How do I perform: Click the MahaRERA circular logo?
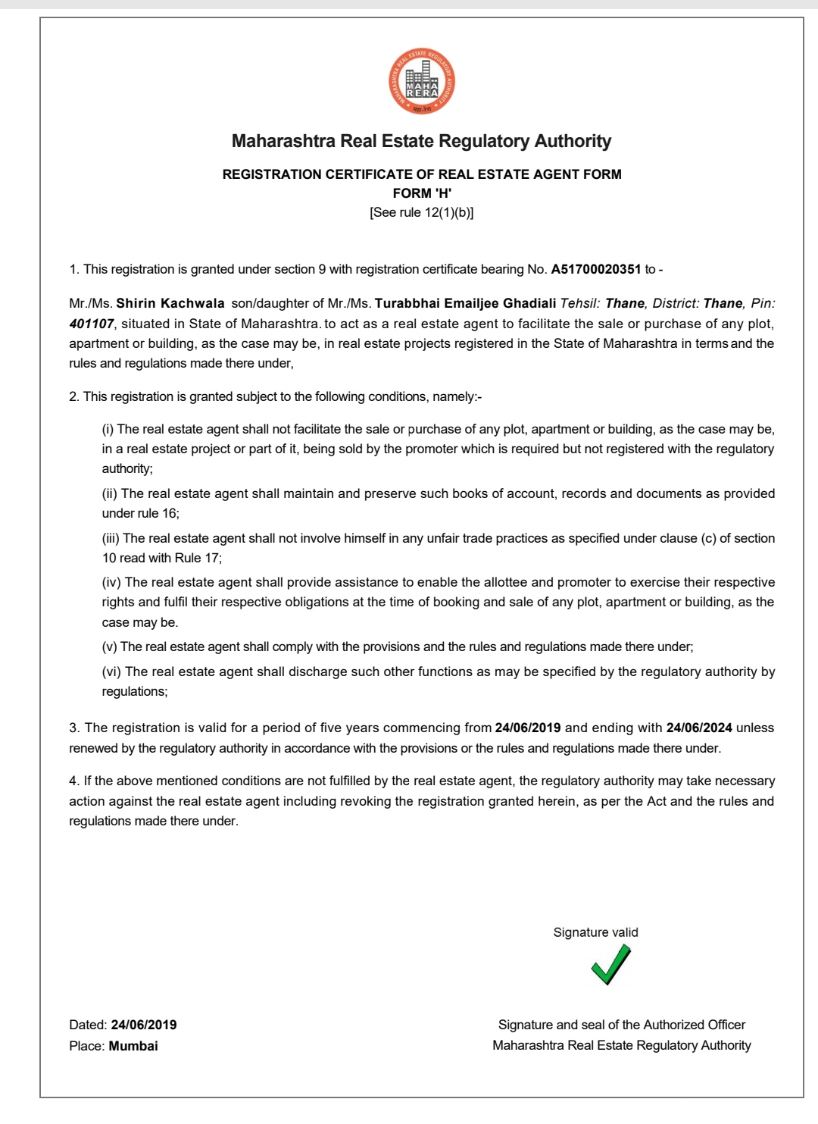pos(422,81)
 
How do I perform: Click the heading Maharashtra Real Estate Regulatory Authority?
pos(421,141)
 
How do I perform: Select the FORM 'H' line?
pos(422,193)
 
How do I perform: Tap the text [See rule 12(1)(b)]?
pos(421,212)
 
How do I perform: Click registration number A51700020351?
pos(596,269)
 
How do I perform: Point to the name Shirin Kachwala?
pos(170,303)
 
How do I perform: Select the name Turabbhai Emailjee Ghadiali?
pos(465,303)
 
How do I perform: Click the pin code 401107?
pos(92,324)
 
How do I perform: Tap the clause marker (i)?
pos(108,429)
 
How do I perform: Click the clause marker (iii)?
pos(111,538)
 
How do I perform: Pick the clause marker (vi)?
pos(111,672)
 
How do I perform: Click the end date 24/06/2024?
pos(699,728)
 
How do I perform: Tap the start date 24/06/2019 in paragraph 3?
pos(528,728)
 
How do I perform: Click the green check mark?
pos(610,965)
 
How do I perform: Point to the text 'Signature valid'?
pos(595,932)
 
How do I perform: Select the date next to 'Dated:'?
pos(144,1025)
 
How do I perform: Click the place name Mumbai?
pos(133,1046)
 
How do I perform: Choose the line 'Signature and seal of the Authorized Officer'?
pos(622,1025)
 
